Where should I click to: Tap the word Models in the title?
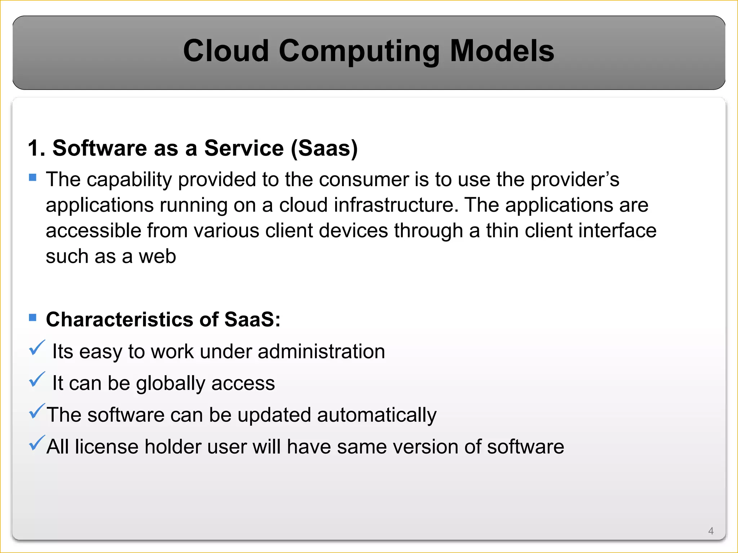[502, 51]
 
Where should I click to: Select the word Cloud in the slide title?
[226, 51]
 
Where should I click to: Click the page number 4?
[711, 531]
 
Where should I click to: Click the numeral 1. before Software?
[36, 148]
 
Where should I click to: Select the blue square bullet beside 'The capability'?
[33, 177]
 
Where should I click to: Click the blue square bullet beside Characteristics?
[33, 317]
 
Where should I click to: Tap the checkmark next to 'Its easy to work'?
[37, 348]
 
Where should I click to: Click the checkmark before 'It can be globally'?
[37, 379]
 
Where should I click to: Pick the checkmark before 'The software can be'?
[37, 411]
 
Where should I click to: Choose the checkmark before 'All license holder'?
[37, 443]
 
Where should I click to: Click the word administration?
[321, 351]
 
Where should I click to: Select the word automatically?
[377, 415]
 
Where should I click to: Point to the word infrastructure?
[396, 205]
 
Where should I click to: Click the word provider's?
[575, 180]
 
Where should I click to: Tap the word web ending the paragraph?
[157, 256]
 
